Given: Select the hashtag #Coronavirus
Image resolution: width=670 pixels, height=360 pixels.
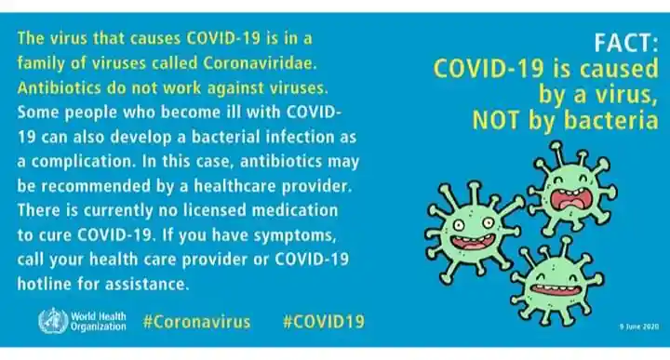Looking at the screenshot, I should pyautogui.click(x=196, y=322).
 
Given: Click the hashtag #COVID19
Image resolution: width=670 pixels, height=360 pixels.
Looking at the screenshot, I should pyautogui.click(x=322, y=322).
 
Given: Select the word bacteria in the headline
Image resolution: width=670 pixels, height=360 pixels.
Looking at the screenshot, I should pyautogui.click(x=613, y=120).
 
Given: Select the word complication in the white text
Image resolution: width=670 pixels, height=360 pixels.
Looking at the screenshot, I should pyautogui.click(x=72, y=160).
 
